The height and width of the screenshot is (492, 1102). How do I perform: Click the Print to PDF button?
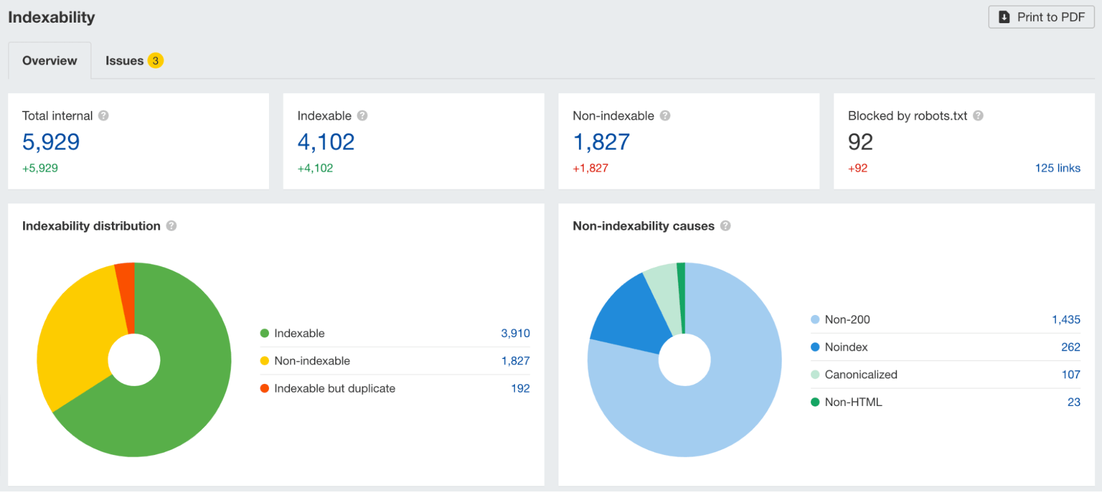pos(1041,17)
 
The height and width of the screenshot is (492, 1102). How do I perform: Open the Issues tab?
pos(125,61)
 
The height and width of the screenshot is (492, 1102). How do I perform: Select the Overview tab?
pos(50,61)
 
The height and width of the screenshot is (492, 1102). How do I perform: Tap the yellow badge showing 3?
pos(155,61)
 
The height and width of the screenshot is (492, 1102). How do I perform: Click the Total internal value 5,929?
pos(51,142)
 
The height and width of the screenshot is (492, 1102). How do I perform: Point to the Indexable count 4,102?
pos(326,142)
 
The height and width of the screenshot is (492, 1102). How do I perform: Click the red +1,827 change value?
pos(590,168)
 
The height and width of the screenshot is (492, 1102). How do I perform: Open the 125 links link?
pos(1057,168)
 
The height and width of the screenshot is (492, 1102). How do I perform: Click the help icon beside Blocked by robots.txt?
pos(978,116)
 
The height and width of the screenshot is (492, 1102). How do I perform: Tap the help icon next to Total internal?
pos(104,116)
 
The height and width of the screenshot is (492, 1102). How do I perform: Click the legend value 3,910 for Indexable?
pos(515,333)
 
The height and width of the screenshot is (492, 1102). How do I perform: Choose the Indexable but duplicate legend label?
pos(335,388)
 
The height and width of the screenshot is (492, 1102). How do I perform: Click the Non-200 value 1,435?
pos(1066,319)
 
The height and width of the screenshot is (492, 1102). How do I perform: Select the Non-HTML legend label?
pos(853,402)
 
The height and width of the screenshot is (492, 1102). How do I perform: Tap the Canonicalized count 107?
pos(1071,375)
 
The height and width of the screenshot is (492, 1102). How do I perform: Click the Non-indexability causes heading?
pos(643,226)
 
